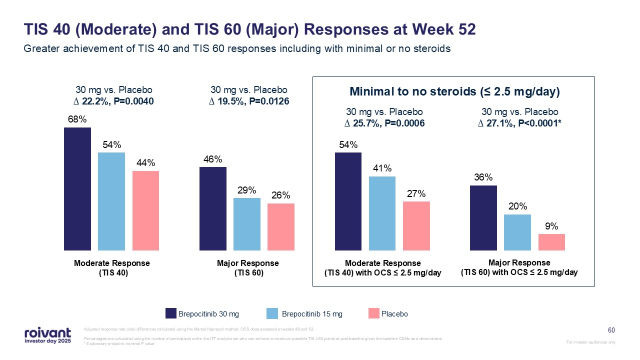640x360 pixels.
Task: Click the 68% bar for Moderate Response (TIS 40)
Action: tap(77, 188)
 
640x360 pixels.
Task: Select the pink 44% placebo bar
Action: tap(145, 210)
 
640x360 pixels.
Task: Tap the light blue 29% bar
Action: tap(247, 224)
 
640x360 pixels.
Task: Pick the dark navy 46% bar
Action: tap(213, 208)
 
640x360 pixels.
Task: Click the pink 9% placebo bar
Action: tap(551, 242)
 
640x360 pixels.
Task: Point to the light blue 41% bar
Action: tap(382, 213)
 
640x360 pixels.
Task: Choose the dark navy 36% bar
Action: tap(483, 217)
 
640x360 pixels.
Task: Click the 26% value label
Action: tap(281, 196)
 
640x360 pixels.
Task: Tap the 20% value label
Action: tap(517, 206)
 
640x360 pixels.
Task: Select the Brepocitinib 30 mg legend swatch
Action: tap(171, 313)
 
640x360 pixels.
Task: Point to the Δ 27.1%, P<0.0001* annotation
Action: tap(519, 123)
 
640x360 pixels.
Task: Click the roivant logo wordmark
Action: tap(47, 332)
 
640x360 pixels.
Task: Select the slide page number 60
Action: tap(611, 330)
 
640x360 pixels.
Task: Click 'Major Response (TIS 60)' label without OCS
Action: tap(248, 268)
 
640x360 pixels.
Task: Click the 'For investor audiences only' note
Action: tap(591, 342)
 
